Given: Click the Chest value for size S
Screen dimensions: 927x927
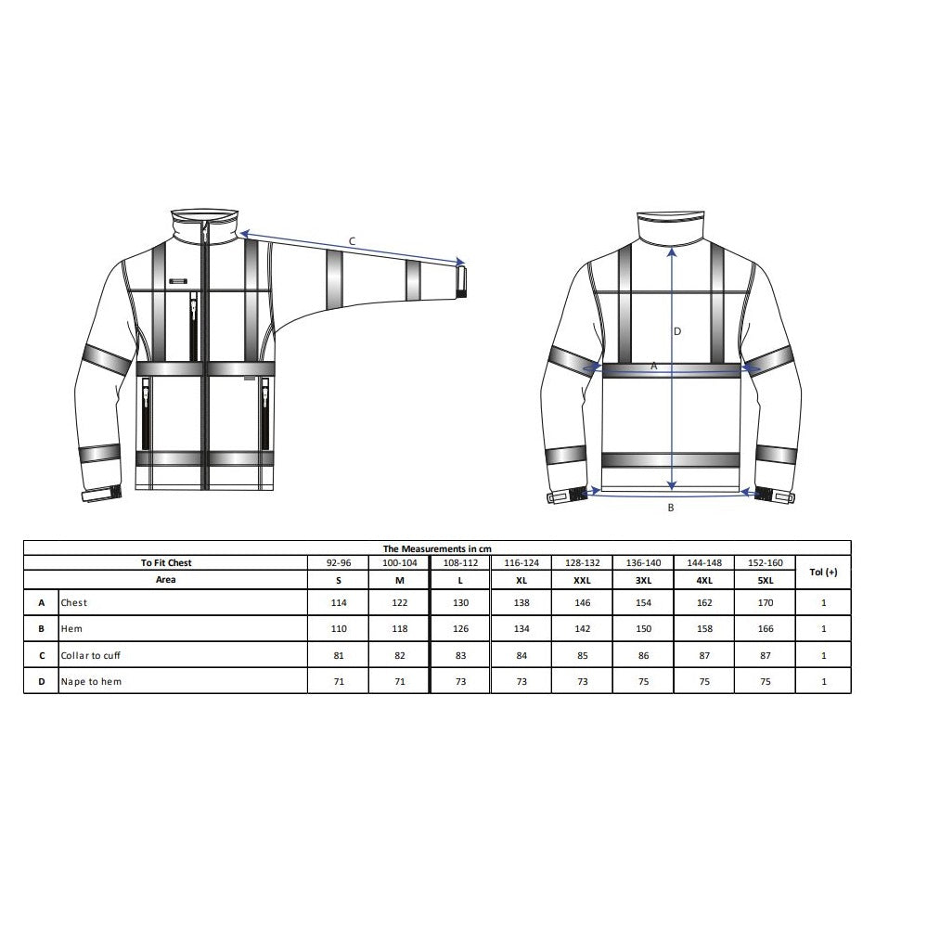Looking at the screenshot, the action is pyautogui.click(x=339, y=602).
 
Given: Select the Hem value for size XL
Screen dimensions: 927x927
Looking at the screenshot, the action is pyautogui.click(x=521, y=628).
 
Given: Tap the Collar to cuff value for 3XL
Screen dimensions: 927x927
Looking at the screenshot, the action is pyautogui.click(x=643, y=655).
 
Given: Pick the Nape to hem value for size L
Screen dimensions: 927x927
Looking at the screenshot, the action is pyautogui.click(x=460, y=681).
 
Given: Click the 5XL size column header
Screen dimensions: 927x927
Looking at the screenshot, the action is pyautogui.click(x=765, y=580).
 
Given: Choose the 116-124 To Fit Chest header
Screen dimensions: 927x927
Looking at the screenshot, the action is pyautogui.click(x=521, y=563).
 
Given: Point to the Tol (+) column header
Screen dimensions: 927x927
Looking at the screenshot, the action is pyautogui.click(x=823, y=572).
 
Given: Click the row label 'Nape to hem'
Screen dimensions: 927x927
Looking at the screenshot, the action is pyautogui.click(x=91, y=681).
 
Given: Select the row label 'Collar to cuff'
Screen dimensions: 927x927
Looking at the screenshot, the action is pyautogui.click(x=90, y=655).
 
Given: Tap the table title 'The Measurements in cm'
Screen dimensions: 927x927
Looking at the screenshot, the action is pyautogui.click(x=437, y=548).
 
